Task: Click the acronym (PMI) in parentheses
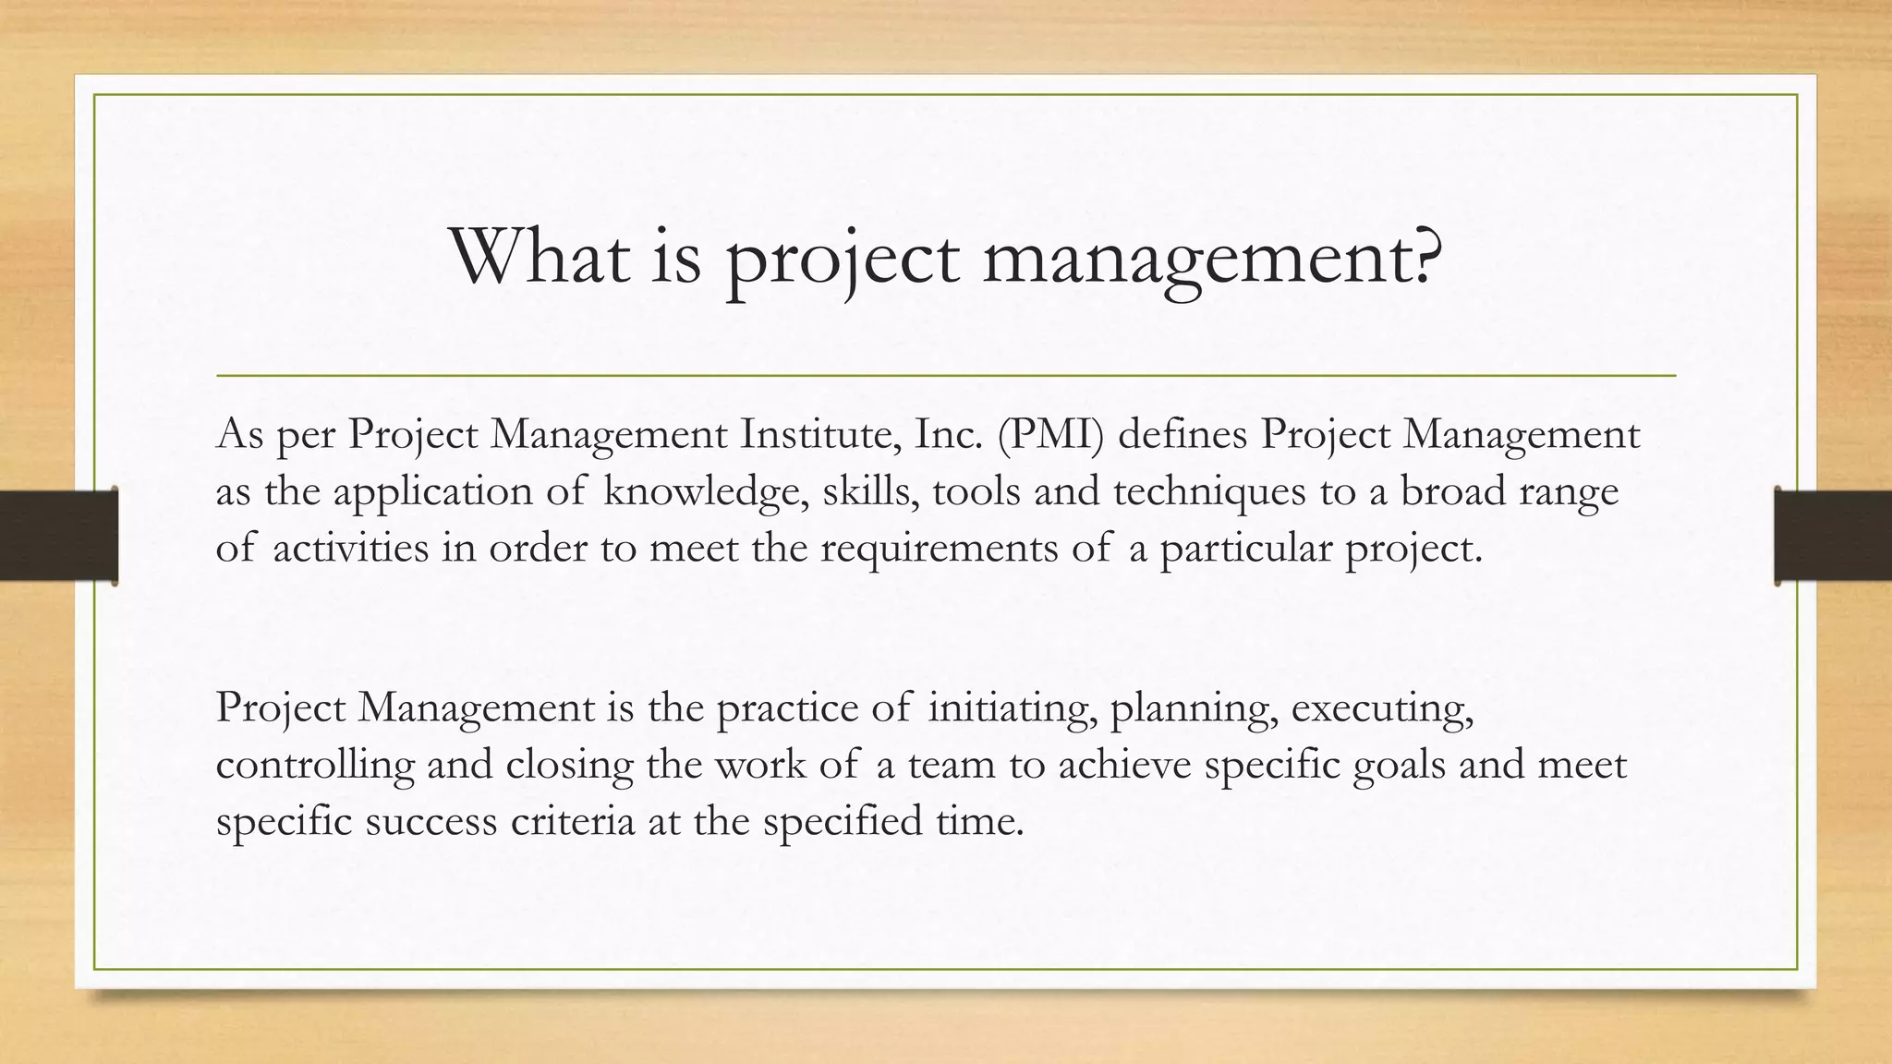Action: [x=1050, y=435]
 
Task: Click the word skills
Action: [x=870, y=490]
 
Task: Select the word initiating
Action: [x=1012, y=709]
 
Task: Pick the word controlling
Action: [x=315, y=766]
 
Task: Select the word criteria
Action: [x=573, y=821]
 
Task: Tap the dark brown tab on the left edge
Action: [x=58, y=536]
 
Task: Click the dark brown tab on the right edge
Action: [x=1833, y=536]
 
